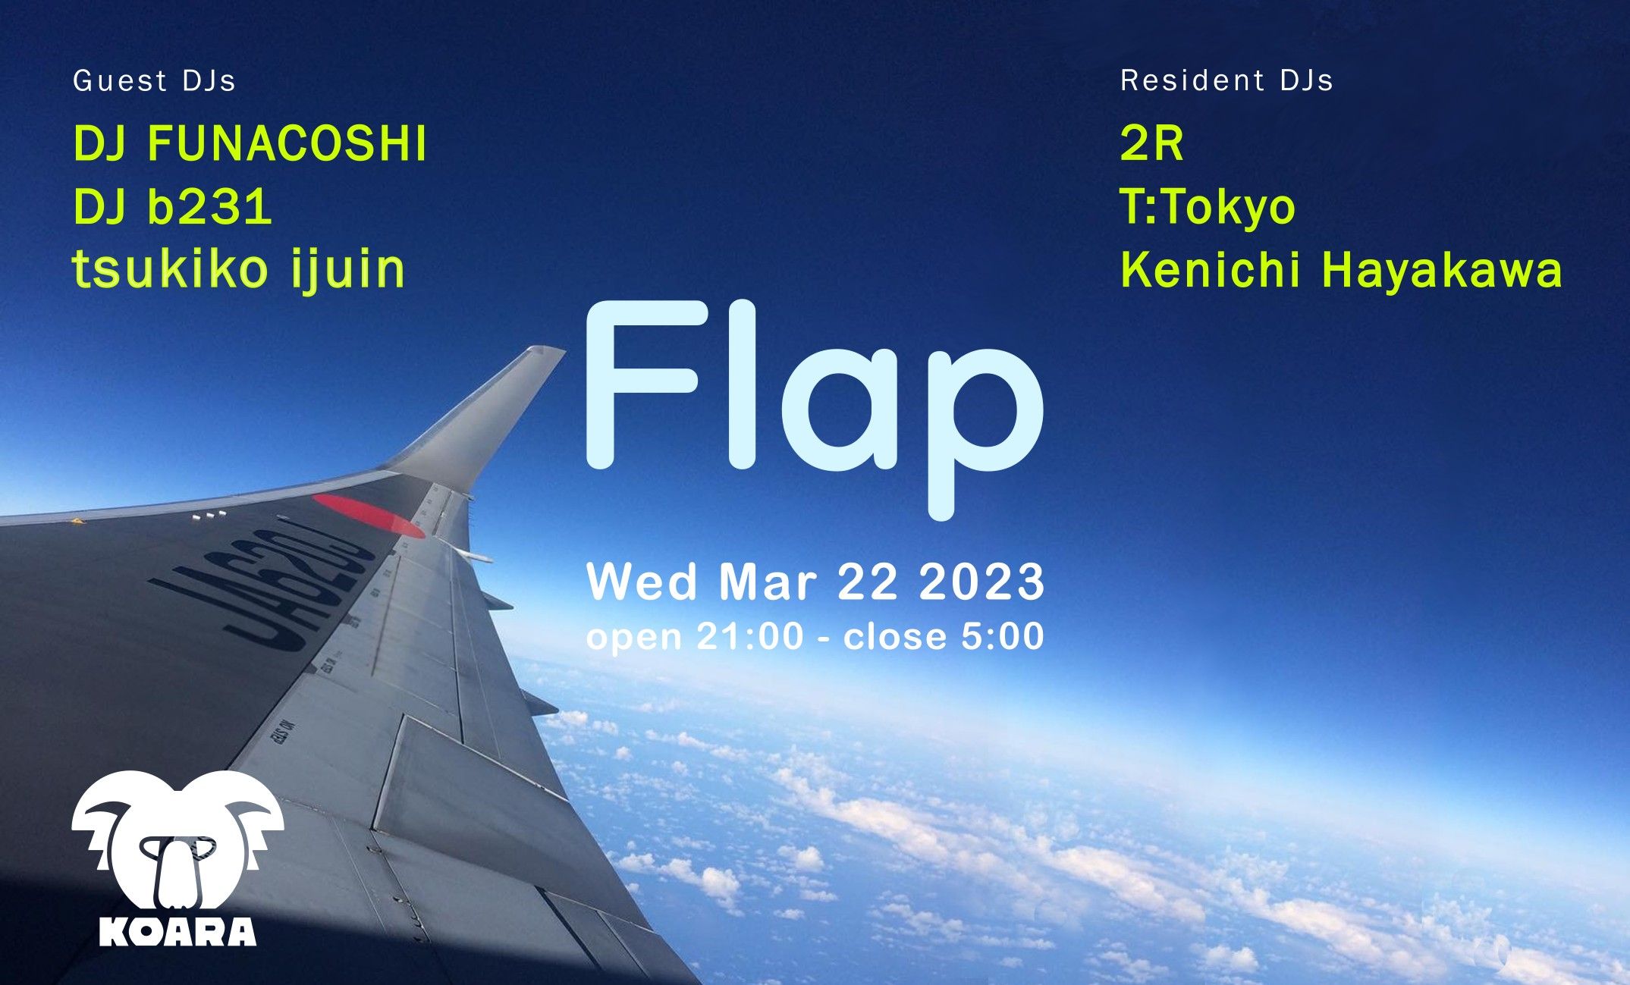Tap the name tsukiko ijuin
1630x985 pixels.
(x=239, y=270)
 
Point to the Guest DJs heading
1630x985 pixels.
(x=154, y=80)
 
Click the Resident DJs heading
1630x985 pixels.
(x=1226, y=80)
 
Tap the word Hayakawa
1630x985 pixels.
(x=1442, y=271)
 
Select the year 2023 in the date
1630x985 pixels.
(x=981, y=582)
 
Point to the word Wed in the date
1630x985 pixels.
(x=642, y=582)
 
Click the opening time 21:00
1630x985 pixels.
(x=749, y=636)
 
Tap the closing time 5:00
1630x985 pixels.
(x=1002, y=636)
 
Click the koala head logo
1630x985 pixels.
(x=177, y=842)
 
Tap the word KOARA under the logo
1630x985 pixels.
(x=177, y=931)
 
